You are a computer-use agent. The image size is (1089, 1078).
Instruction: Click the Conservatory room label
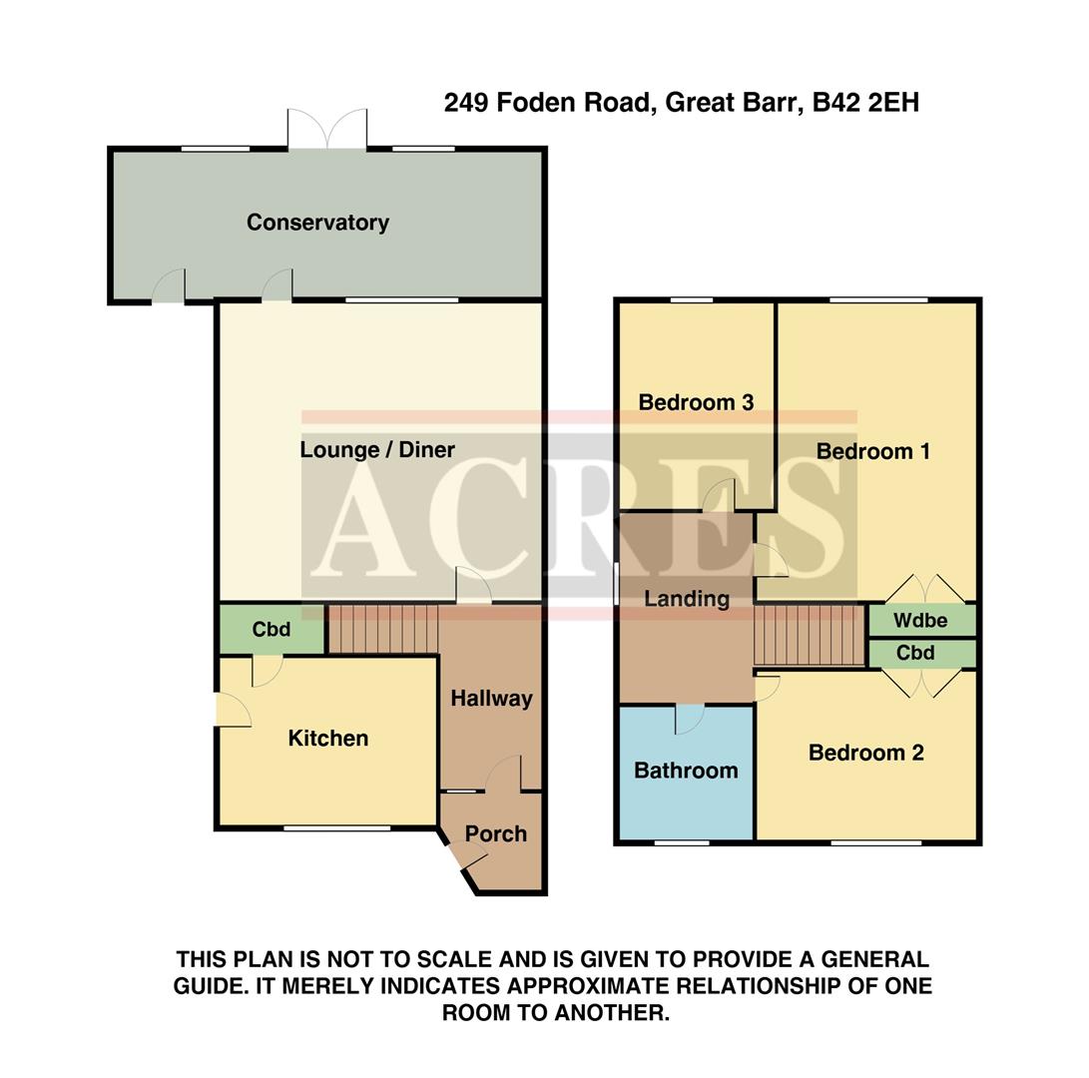(317, 223)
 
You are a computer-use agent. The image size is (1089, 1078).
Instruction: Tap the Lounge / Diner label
(377, 450)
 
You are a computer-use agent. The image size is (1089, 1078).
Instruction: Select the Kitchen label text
(327, 739)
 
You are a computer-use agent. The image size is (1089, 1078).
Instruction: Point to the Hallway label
(491, 699)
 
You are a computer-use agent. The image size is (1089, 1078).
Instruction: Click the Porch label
(495, 834)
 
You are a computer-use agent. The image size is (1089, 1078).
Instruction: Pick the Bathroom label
(686, 771)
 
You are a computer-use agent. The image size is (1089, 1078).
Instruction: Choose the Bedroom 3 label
(696, 403)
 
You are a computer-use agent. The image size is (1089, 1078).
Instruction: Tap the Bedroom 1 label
(872, 451)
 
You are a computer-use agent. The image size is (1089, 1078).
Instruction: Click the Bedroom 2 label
(865, 754)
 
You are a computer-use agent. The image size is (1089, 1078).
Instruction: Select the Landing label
(686, 599)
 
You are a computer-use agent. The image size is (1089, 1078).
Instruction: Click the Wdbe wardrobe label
(919, 620)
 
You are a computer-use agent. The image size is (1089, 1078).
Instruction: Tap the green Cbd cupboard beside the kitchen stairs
(271, 630)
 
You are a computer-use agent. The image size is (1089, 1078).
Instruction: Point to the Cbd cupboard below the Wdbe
(915, 654)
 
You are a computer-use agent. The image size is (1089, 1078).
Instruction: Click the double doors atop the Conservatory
(327, 130)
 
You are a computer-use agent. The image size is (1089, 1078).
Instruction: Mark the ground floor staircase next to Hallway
(383, 628)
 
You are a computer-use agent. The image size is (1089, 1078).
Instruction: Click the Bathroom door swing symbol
(690, 719)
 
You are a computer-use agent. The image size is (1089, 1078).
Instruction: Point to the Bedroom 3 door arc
(719, 495)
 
